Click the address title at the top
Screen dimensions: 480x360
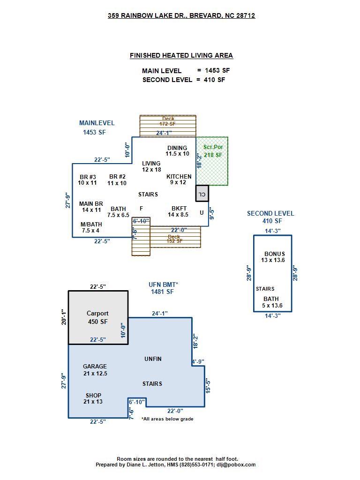point(181,15)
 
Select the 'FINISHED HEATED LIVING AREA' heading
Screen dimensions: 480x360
point(181,55)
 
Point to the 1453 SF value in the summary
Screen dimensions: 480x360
point(217,70)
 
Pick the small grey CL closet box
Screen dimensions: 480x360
point(202,194)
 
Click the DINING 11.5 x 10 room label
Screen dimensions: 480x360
point(177,151)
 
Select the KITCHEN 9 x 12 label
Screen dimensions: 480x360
point(179,180)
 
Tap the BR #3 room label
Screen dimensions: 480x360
point(87,180)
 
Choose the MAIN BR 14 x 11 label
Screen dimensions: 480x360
point(91,207)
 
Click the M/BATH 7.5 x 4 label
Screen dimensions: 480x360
point(91,227)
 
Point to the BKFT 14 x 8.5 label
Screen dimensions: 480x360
point(179,211)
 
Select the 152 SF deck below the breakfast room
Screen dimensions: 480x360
point(174,238)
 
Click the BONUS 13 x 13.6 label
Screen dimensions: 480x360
point(274,257)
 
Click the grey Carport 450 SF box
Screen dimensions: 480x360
point(98,317)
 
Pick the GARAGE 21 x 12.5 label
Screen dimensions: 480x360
point(95,370)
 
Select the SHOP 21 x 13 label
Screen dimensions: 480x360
point(93,398)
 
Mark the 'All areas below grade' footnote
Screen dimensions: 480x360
point(167,419)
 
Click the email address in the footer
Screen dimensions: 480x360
point(236,465)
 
